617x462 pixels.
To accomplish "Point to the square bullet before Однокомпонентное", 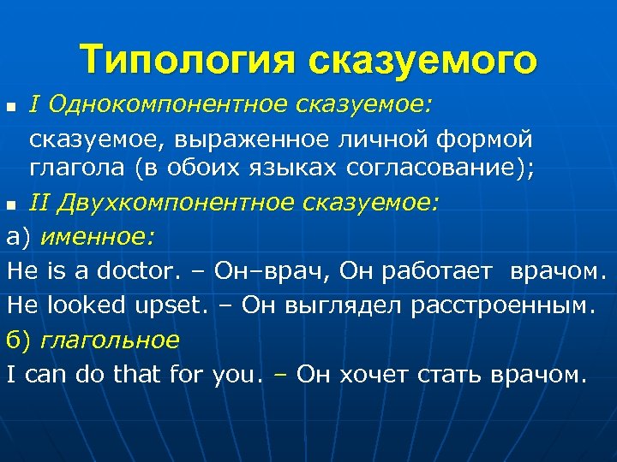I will pos(11,106).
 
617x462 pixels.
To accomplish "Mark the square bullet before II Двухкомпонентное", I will pos(11,204).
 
